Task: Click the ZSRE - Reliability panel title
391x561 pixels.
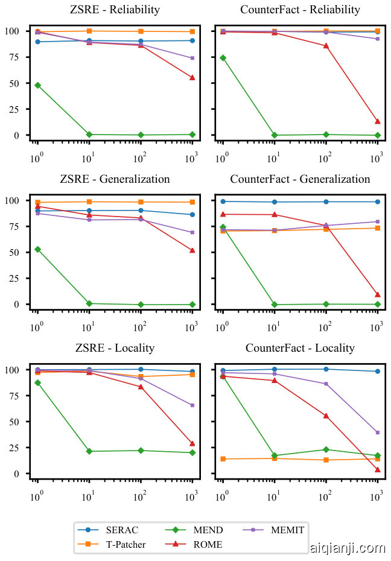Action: coord(115,10)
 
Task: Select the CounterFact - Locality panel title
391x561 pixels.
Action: coord(300,349)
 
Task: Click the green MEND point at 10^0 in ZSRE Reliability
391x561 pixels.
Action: coord(37,85)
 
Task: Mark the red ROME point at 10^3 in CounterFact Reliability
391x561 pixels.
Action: coord(378,121)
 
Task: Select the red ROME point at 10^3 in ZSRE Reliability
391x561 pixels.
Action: coord(192,77)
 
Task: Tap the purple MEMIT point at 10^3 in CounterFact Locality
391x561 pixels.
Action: coord(378,433)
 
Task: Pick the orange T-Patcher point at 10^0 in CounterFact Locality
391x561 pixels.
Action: coord(223,459)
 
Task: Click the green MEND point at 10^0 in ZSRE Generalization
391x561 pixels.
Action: coord(37,249)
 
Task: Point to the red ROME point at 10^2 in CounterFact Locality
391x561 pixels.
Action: coord(326,416)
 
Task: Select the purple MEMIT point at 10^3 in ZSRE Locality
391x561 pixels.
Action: coord(192,405)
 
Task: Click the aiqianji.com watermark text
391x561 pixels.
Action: coord(346,548)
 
